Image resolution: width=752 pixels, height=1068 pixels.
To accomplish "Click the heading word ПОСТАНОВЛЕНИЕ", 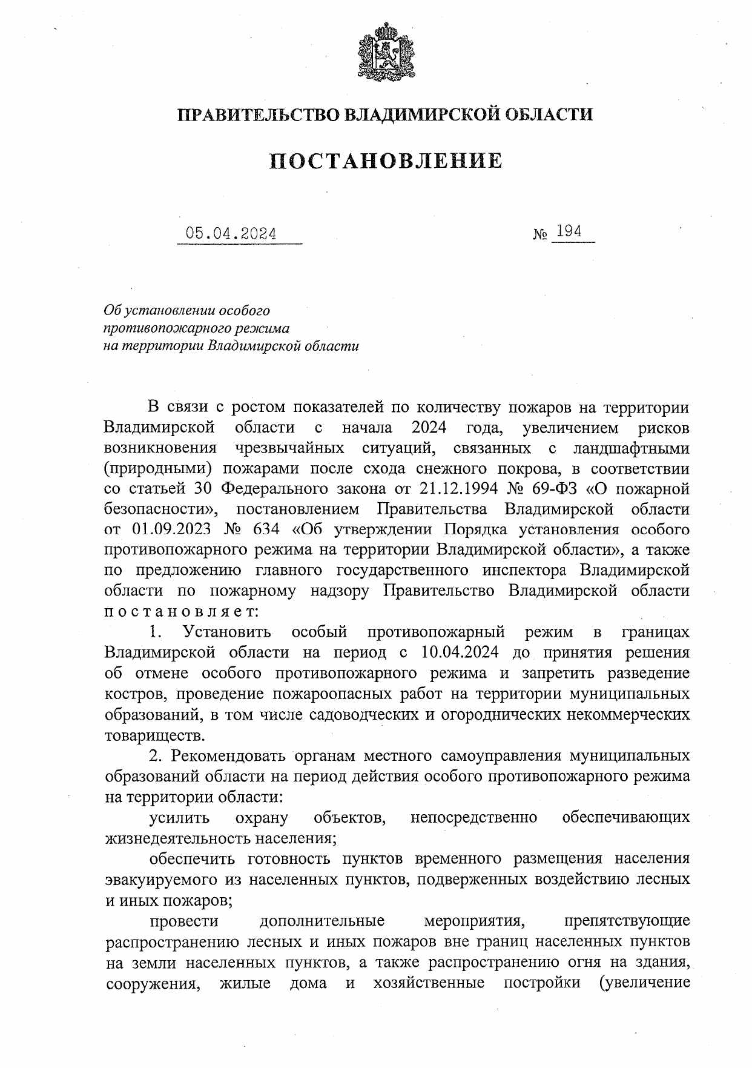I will [386, 161].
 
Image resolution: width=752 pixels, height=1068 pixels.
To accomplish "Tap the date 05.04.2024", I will [231, 234].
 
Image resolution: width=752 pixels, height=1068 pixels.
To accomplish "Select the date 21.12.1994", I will [446, 489].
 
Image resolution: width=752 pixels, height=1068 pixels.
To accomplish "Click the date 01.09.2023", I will [171, 529].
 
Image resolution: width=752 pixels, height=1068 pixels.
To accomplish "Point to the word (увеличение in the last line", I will [644, 982].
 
